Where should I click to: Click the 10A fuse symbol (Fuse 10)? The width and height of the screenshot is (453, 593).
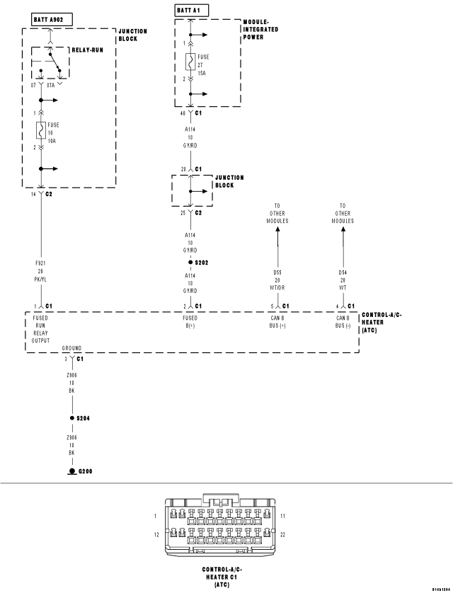[41, 131]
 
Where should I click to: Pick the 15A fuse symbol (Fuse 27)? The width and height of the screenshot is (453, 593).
[190, 62]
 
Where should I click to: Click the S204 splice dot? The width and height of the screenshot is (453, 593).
[71, 418]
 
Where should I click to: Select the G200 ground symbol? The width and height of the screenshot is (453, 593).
[71, 471]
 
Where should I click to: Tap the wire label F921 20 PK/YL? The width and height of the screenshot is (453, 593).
[40, 270]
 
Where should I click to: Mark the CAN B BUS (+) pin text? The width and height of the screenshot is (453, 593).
[277, 322]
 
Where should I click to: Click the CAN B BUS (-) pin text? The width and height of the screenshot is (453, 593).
[343, 322]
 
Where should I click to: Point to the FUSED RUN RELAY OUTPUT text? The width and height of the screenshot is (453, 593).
[40, 330]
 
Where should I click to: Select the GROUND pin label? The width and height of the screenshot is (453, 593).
[71, 348]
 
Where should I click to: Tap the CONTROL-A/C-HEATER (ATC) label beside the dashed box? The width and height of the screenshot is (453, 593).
[382, 322]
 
